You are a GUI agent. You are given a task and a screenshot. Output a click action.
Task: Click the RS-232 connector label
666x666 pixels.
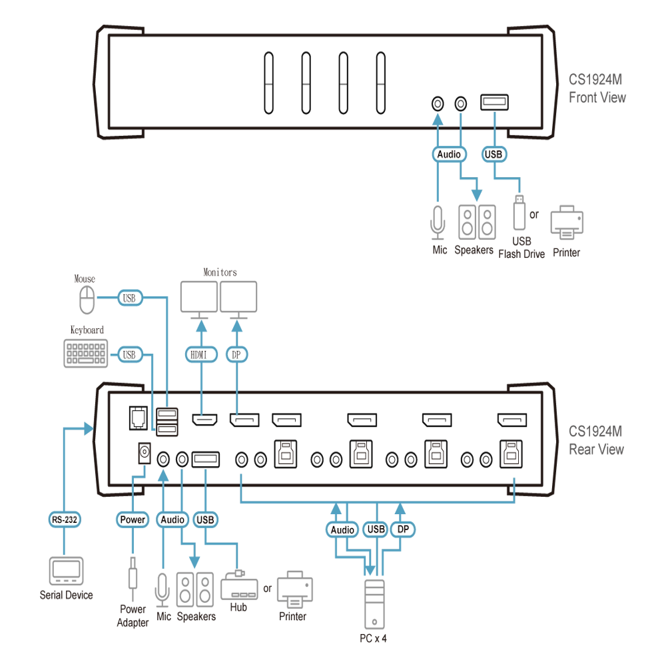click(64, 519)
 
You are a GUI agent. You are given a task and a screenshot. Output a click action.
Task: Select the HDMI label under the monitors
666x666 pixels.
click(201, 354)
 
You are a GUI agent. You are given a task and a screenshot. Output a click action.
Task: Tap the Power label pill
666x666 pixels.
click(133, 519)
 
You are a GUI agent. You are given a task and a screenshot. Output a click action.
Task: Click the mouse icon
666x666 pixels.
click(87, 300)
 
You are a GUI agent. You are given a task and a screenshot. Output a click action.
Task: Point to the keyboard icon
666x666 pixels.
click(86, 354)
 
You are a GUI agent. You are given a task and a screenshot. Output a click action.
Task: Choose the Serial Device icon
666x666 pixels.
click(66, 571)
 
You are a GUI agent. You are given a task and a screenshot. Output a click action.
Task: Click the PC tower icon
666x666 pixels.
click(374, 604)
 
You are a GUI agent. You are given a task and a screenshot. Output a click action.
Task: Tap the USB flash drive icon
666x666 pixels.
click(519, 212)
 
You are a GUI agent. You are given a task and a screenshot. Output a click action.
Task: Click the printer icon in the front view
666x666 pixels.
click(567, 222)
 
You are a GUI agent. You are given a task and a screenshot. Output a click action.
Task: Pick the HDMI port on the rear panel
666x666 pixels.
click(204, 420)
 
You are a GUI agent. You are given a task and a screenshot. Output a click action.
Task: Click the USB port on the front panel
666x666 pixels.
click(494, 103)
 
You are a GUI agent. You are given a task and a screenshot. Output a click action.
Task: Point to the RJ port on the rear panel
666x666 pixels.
click(139, 418)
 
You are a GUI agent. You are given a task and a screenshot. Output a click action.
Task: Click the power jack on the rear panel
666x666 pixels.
click(145, 453)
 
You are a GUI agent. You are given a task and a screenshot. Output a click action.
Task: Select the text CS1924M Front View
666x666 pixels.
click(597, 89)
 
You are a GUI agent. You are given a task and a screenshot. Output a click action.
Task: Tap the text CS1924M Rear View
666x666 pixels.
click(596, 440)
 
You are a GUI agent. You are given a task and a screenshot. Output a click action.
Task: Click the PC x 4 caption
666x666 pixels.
click(373, 639)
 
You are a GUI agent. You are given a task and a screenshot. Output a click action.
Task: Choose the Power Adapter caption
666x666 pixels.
click(133, 616)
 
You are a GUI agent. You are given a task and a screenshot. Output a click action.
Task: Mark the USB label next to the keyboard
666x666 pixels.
click(130, 354)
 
